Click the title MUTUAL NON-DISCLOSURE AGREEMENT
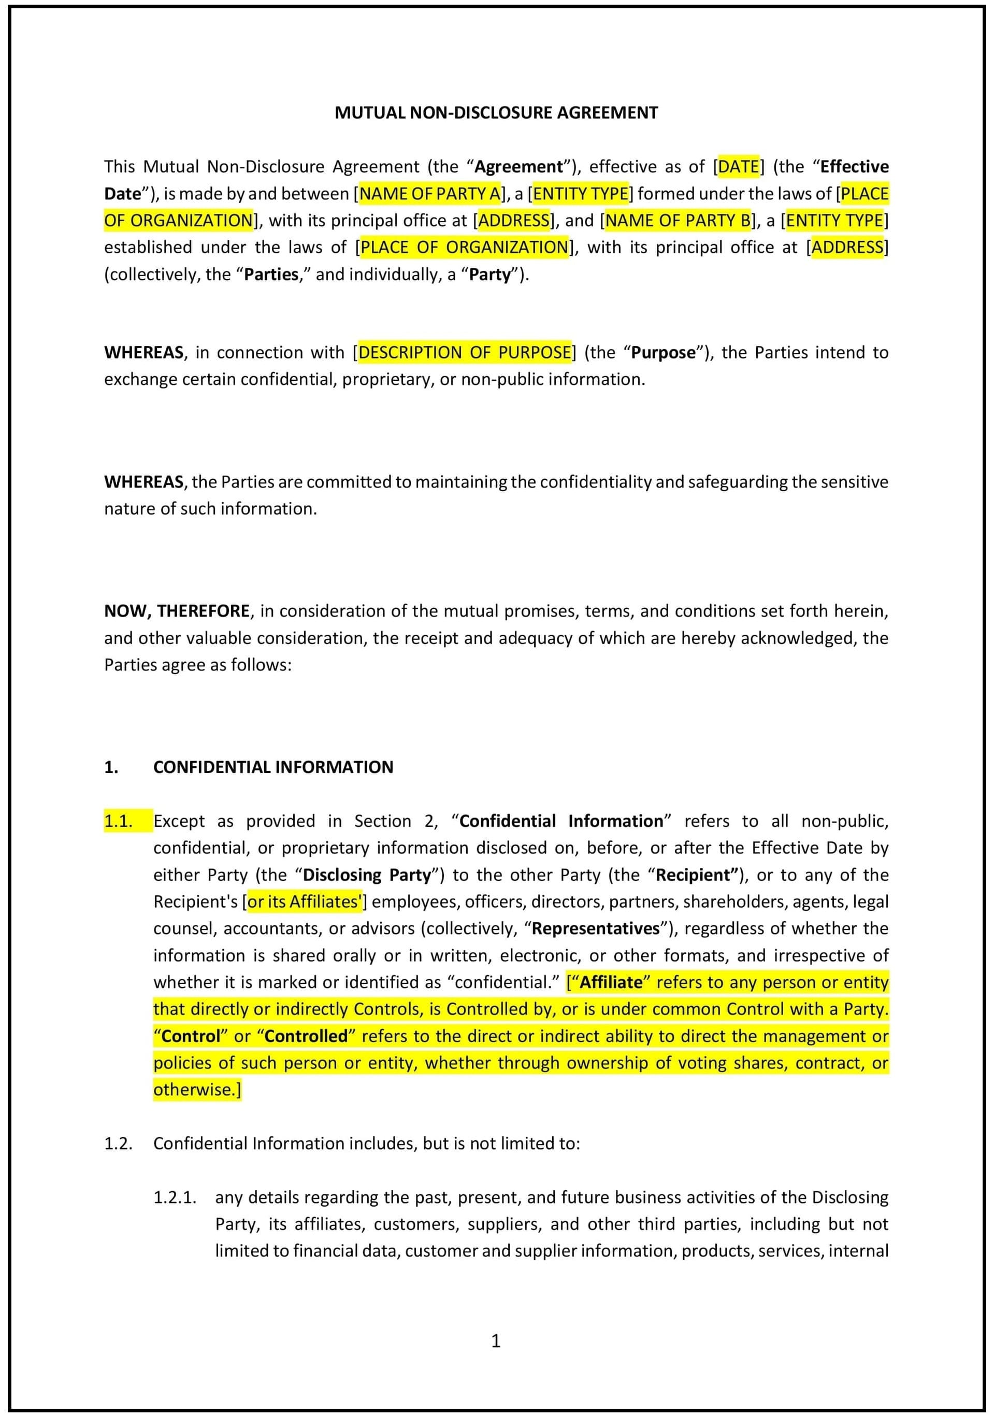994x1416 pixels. point(496,112)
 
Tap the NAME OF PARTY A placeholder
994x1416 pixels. point(430,194)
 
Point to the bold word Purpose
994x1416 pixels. point(663,352)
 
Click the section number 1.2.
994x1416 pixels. point(119,1143)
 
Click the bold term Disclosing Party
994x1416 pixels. point(366,875)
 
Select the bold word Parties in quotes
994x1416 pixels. point(271,275)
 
